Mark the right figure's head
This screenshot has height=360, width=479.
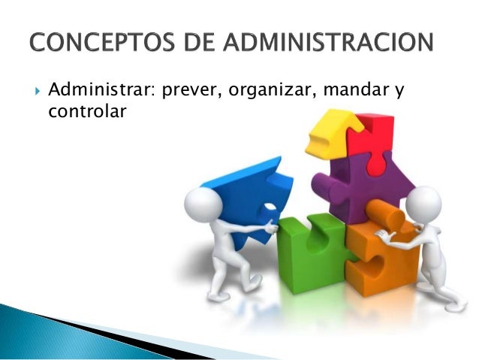point(423,204)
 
